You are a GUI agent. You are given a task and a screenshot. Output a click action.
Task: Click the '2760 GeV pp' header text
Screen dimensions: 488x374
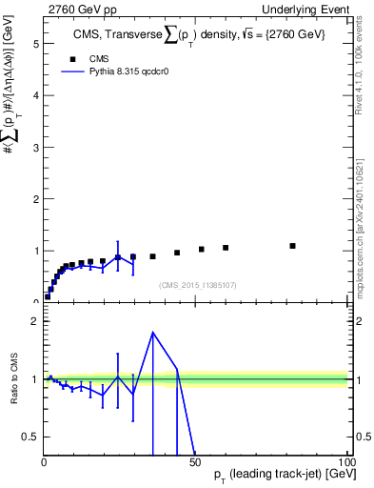pos(78,9)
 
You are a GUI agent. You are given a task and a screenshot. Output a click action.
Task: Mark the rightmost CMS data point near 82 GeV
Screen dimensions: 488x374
pos(293,246)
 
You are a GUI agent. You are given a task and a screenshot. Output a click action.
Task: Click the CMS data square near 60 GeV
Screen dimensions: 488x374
pos(226,248)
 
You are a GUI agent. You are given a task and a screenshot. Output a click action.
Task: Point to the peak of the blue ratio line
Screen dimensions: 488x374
pos(153,333)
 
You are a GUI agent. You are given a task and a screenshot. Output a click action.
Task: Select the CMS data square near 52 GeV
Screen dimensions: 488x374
pos(202,250)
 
